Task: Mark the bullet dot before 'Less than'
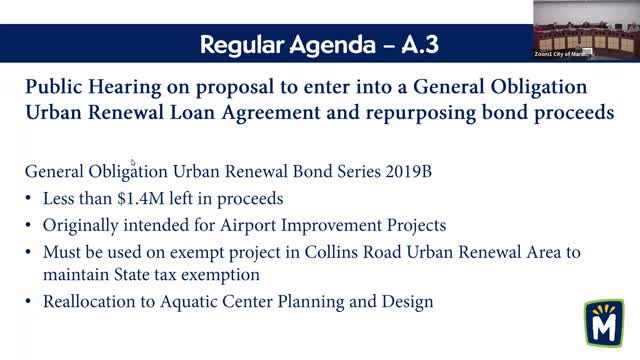[x=30, y=198]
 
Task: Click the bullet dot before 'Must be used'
[x=30, y=252]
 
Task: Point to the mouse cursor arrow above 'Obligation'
[x=133, y=162]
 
